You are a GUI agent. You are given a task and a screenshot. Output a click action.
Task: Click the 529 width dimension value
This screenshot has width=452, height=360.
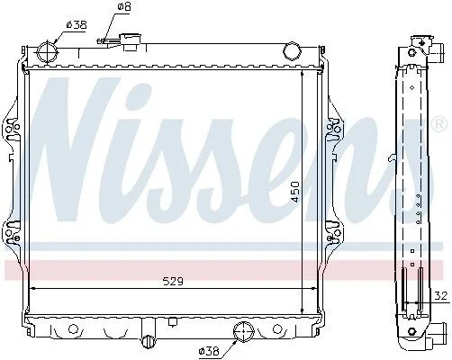(173, 282)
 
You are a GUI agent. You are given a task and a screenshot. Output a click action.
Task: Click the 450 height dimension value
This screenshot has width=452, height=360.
(295, 192)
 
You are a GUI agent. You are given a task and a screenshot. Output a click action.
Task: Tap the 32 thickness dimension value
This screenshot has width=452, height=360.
(441, 296)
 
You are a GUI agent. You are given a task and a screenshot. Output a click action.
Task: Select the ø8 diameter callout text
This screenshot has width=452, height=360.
(124, 6)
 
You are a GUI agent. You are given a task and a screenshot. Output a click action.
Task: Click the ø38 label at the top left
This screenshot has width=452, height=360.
(77, 24)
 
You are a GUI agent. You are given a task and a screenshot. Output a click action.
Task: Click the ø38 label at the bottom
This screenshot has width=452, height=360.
(209, 351)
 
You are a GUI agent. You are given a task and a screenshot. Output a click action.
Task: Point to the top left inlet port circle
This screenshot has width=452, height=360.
(47, 53)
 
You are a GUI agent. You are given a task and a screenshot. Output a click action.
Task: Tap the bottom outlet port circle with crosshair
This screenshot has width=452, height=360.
(243, 331)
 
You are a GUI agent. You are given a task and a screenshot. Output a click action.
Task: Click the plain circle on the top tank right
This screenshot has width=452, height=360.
(292, 50)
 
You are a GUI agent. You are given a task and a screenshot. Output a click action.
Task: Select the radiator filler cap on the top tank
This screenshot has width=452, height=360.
(131, 41)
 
